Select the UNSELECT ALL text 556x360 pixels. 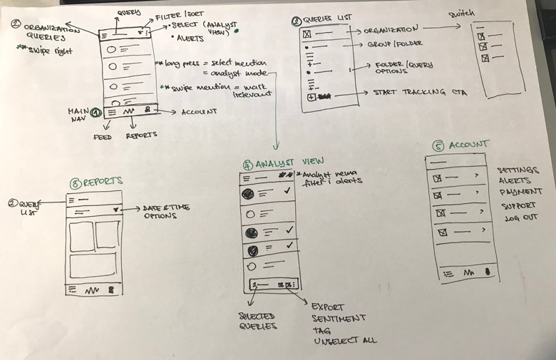[344, 341]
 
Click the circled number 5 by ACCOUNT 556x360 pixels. [438, 146]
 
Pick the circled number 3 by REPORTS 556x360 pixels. [75, 182]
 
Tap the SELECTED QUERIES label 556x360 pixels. [254, 320]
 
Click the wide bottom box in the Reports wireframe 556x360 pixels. [93, 265]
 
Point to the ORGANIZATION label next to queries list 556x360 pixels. [391, 31]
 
